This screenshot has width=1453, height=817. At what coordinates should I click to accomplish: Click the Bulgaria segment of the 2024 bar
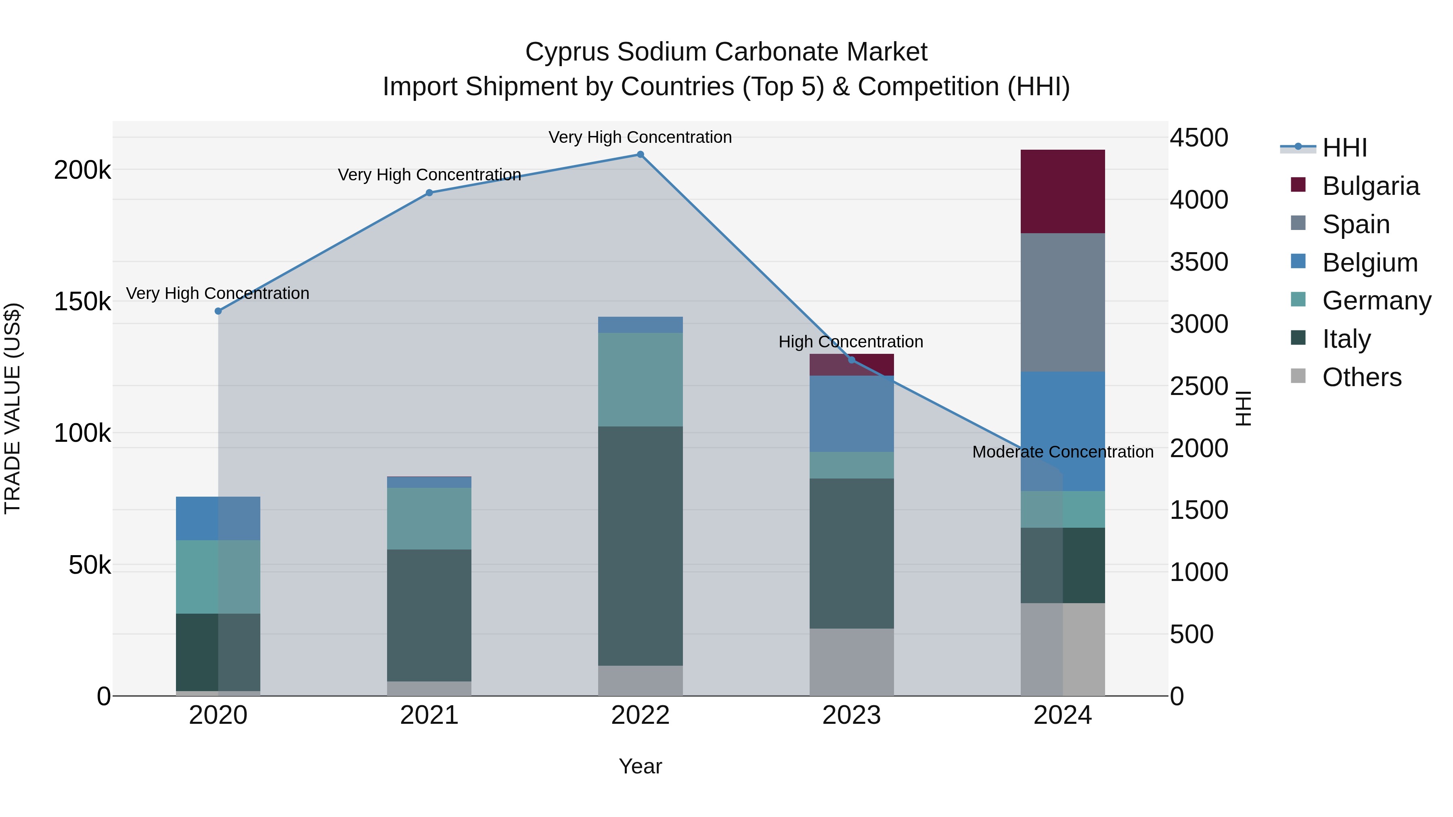pyautogui.click(x=1062, y=191)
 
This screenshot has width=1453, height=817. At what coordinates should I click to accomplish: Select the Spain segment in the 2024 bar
pyautogui.click(x=1062, y=302)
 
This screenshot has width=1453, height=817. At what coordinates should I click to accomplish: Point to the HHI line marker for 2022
pyautogui.click(x=640, y=155)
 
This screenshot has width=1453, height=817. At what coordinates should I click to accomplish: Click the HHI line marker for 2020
pyautogui.click(x=218, y=311)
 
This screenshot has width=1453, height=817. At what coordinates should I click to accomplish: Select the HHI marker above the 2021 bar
pyautogui.click(x=429, y=193)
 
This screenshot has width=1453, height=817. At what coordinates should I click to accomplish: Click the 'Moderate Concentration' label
pyautogui.click(x=1062, y=451)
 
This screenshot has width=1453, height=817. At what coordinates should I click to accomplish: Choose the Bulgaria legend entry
pyautogui.click(x=1370, y=186)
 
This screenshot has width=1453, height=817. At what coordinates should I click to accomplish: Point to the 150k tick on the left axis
pyautogui.click(x=82, y=302)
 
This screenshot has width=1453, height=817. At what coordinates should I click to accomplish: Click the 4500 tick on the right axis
pyautogui.click(x=1199, y=138)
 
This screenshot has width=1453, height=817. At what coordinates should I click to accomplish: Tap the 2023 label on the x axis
pyautogui.click(x=851, y=715)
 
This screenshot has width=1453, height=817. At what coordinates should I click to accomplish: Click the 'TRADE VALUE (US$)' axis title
pyautogui.click(x=13, y=408)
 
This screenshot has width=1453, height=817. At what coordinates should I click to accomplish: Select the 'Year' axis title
pyautogui.click(x=640, y=766)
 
